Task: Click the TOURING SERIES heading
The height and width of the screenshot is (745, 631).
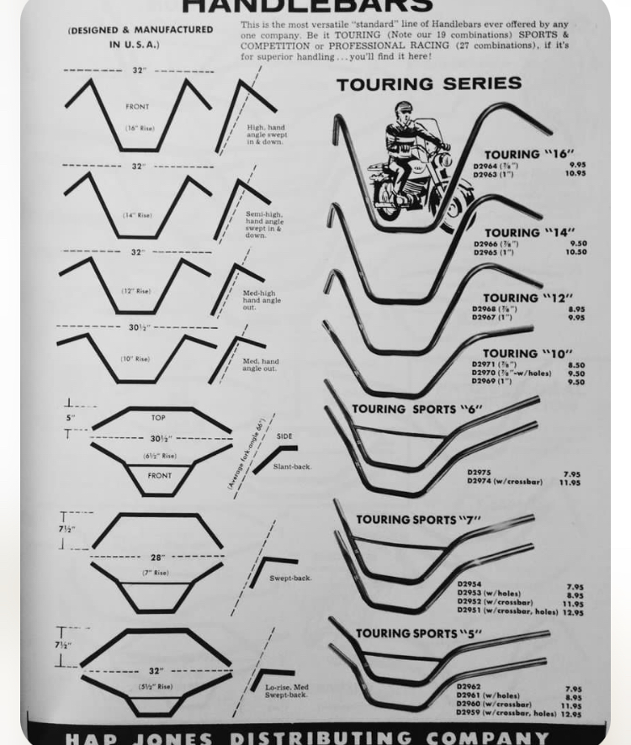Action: pos(429,84)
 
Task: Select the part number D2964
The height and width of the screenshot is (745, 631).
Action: pos(485,166)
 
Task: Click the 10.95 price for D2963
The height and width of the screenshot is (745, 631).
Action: pos(575,174)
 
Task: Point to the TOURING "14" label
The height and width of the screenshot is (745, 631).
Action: pos(529,233)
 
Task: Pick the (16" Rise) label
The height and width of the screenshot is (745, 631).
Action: pos(140,129)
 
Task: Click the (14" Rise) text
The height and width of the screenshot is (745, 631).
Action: pos(137,215)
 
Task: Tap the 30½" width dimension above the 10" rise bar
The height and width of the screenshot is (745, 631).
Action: pos(140,327)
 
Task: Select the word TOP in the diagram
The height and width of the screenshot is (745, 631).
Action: pos(158,418)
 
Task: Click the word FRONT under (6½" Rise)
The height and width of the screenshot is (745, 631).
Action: pos(160,476)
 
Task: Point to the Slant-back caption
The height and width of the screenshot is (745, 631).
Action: pos(291,467)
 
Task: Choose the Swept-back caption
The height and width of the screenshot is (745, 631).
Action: pos(290,579)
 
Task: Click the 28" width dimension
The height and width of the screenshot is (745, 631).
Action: pos(157,557)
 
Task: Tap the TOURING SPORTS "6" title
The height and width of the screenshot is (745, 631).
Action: pos(417,409)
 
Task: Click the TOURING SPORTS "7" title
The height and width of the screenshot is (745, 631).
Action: pos(418,520)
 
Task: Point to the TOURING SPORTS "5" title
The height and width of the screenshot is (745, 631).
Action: pos(418,633)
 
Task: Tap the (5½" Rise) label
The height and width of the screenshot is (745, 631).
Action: pos(156,687)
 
